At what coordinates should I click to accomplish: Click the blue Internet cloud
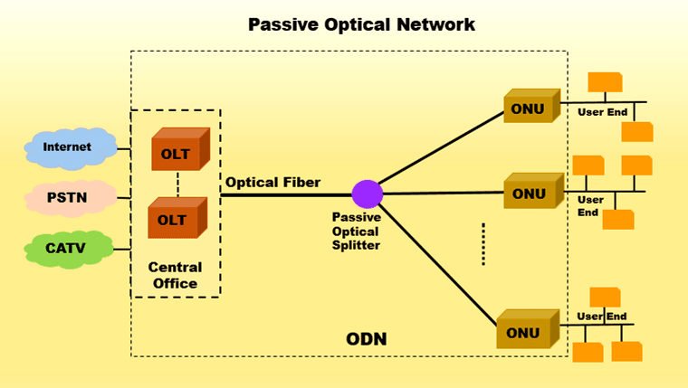(69, 147)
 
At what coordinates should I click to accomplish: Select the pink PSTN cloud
(69, 195)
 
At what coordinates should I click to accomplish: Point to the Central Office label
(176, 276)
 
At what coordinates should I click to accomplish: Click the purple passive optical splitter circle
(368, 194)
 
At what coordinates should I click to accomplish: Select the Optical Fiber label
(272, 182)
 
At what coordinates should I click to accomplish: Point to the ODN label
(366, 339)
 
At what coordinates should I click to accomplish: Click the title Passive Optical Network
(361, 24)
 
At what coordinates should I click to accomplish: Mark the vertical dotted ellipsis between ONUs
(483, 244)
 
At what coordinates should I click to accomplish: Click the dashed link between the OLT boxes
(177, 185)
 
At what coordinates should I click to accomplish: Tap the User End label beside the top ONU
(603, 112)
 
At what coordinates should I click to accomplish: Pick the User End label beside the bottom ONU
(602, 317)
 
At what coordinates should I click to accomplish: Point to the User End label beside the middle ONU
(590, 206)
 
